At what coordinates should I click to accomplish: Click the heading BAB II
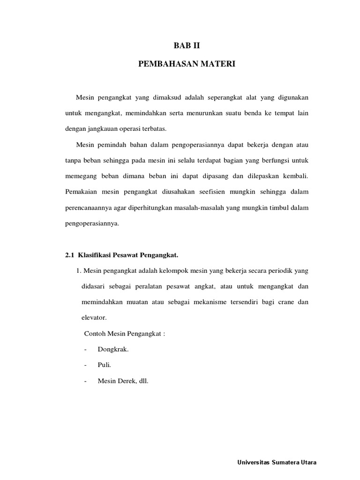tap(187, 46)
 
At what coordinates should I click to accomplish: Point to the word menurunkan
tap(217, 113)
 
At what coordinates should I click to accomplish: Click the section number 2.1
tap(70, 255)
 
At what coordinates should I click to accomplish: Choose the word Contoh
tap(95, 333)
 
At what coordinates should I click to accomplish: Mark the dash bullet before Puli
tap(85, 365)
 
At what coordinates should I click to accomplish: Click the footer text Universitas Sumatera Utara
tap(277, 462)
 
